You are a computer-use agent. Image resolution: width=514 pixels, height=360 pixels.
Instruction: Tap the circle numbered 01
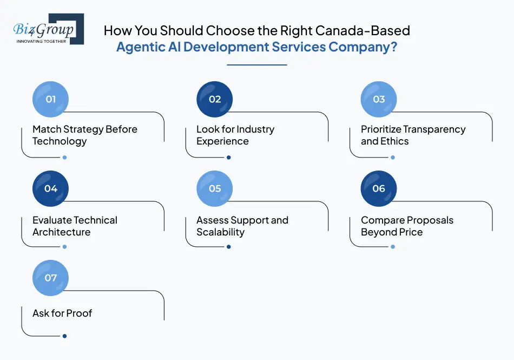(51, 99)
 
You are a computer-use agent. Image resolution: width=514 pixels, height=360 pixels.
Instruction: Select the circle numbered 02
(215, 99)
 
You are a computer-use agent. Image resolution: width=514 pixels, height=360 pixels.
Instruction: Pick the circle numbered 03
(379, 99)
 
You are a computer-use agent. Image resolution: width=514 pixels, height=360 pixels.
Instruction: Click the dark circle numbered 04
(51, 188)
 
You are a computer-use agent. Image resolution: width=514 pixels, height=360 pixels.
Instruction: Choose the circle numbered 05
(215, 188)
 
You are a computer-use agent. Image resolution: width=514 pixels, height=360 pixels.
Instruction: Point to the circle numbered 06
(379, 188)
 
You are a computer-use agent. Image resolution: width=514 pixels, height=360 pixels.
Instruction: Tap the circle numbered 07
(51, 278)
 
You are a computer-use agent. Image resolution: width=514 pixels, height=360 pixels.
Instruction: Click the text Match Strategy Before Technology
(84, 135)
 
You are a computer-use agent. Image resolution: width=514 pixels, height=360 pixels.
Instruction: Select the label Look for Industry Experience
(235, 135)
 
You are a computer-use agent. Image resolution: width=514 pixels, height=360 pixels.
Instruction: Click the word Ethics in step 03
(395, 141)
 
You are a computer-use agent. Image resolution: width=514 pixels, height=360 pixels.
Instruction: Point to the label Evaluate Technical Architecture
(75, 226)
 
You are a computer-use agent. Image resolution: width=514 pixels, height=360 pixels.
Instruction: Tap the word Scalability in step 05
(220, 232)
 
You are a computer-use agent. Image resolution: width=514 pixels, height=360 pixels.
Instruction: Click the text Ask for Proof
(62, 313)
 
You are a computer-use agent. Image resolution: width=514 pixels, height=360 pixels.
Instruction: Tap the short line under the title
(256, 65)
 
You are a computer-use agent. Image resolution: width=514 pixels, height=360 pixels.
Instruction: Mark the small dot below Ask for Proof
(64, 336)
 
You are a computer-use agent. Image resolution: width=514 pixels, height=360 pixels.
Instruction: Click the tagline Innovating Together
(42, 41)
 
